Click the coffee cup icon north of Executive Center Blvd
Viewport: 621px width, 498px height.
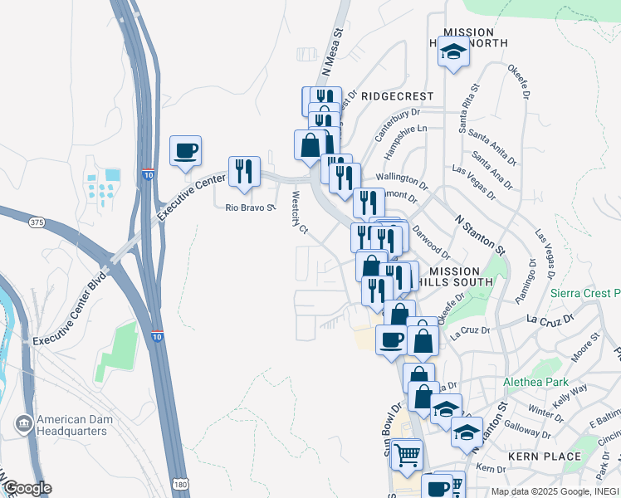pos(185,151)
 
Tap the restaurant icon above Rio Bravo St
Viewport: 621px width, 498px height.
pos(244,171)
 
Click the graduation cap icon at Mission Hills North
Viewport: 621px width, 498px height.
pos(453,54)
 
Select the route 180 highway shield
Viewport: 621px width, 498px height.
pos(180,484)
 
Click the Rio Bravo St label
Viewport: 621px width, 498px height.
pos(250,208)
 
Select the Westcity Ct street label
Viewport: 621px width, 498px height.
pos(300,213)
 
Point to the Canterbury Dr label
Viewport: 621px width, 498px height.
pos(399,124)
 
